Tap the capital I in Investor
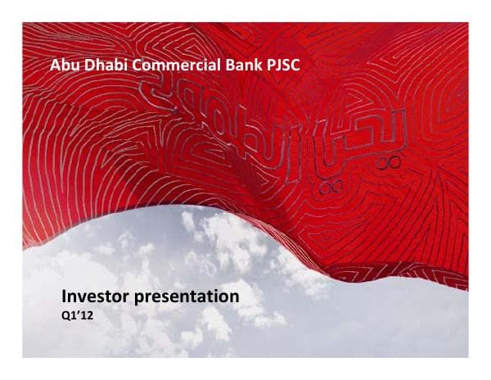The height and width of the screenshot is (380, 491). [x=65, y=295]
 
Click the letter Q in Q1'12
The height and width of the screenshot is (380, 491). [x=66, y=315]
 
